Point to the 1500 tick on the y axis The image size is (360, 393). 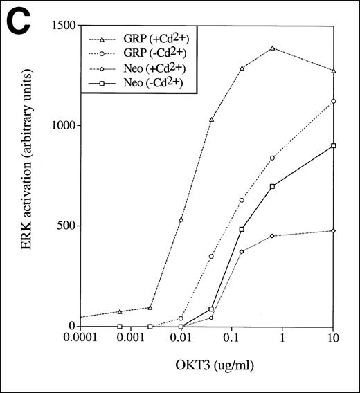(x=55, y=26)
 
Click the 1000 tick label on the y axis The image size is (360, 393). (x=55, y=126)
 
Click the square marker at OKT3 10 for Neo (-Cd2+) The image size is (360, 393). (x=334, y=146)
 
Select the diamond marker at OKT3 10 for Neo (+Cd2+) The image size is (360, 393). (x=334, y=230)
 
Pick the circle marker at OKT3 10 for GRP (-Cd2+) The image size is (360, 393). (x=334, y=101)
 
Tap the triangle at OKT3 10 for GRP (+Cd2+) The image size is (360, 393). (x=334, y=71)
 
